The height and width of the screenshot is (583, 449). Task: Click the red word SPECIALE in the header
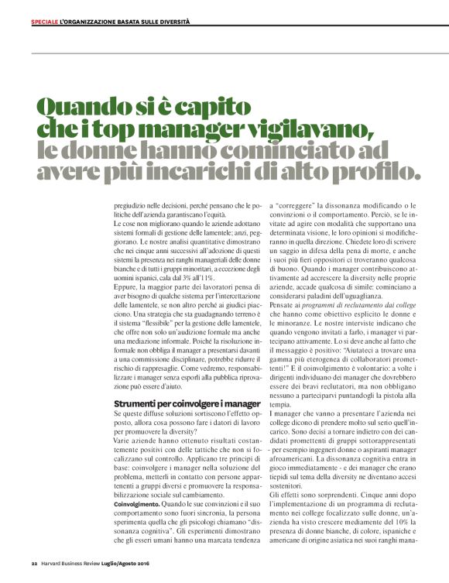(44, 22)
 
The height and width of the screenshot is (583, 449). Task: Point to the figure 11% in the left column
(204, 276)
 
